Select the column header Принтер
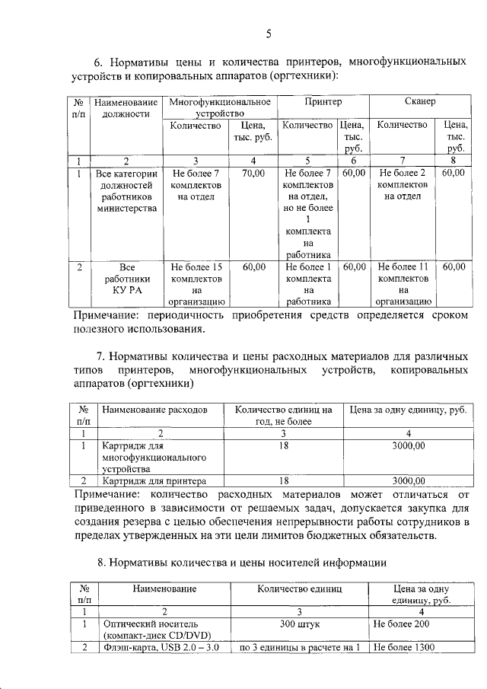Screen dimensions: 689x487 tap(323, 101)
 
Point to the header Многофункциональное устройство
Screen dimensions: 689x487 tap(220, 107)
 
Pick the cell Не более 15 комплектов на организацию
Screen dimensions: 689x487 tap(196, 284)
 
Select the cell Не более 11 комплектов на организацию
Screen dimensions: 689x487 tap(404, 284)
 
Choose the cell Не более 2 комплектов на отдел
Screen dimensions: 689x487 tap(403, 185)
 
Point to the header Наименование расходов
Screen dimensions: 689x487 tap(154, 410)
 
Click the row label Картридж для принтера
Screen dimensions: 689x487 tap(154, 481)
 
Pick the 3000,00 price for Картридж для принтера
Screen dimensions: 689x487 tap(408, 481)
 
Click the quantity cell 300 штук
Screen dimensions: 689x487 tap(300, 623)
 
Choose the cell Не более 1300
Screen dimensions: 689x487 tap(404, 648)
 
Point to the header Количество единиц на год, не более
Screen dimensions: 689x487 tap(284, 415)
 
